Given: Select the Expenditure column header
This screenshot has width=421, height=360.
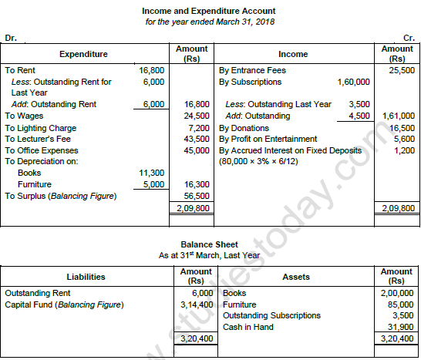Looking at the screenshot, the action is [x=83, y=54].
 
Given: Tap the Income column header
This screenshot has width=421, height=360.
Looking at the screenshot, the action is [x=292, y=54].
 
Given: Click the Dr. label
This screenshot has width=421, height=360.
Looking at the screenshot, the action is [x=10, y=36].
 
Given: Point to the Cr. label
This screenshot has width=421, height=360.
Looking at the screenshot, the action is [x=409, y=36].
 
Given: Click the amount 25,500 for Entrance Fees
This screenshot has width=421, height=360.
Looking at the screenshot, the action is [x=399, y=69].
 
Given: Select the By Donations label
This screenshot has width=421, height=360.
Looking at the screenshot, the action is [x=244, y=128].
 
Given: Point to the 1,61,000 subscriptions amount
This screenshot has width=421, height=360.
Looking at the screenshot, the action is [x=397, y=116].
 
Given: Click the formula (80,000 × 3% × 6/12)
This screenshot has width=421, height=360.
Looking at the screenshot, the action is [x=262, y=162].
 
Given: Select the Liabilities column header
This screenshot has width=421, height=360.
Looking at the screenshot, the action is [x=86, y=277].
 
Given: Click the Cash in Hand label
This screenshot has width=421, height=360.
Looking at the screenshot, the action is [x=249, y=327].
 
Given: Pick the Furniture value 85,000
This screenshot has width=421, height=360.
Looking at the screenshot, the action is [x=399, y=304].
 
